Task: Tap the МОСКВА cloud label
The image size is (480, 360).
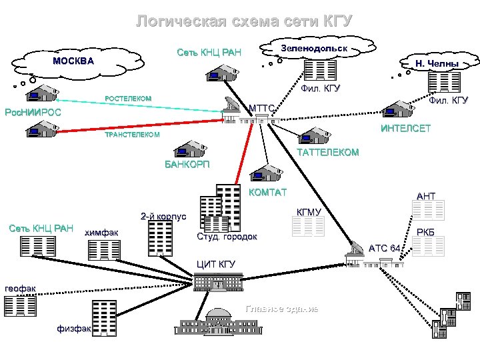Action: (x=73, y=61)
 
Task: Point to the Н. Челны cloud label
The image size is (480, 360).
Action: (x=437, y=64)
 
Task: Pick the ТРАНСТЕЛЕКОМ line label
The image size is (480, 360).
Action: (x=133, y=135)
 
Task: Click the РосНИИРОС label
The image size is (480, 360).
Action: (x=33, y=112)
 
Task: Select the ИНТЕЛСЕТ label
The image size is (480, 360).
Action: (x=405, y=128)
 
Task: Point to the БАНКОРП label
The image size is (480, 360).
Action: (x=187, y=165)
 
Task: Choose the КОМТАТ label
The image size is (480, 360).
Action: (x=267, y=193)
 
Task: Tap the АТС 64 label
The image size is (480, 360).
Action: (x=385, y=248)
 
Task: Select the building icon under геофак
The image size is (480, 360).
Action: (x=20, y=305)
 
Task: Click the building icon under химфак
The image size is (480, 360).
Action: (x=103, y=250)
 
